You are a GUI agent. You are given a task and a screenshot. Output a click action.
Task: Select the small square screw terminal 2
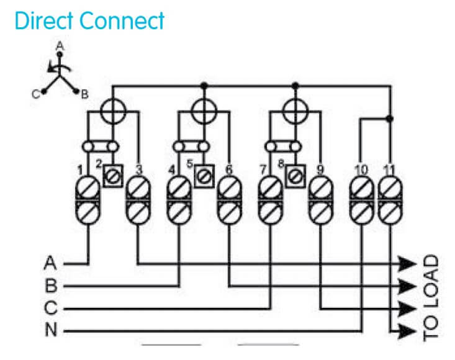(112, 176)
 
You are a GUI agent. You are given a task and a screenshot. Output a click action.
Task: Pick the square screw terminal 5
(203, 176)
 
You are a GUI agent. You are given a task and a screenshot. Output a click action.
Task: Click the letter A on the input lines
(51, 263)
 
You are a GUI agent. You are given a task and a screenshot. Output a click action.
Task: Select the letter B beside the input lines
(51, 286)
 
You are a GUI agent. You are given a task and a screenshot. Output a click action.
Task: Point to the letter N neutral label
(51, 331)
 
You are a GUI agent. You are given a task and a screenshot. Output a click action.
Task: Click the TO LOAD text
(431, 297)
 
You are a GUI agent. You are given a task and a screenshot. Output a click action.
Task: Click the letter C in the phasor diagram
(37, 94)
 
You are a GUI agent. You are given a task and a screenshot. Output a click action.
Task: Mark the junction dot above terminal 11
(389, 118)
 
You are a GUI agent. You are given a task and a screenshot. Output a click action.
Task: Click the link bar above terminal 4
(189, 146)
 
